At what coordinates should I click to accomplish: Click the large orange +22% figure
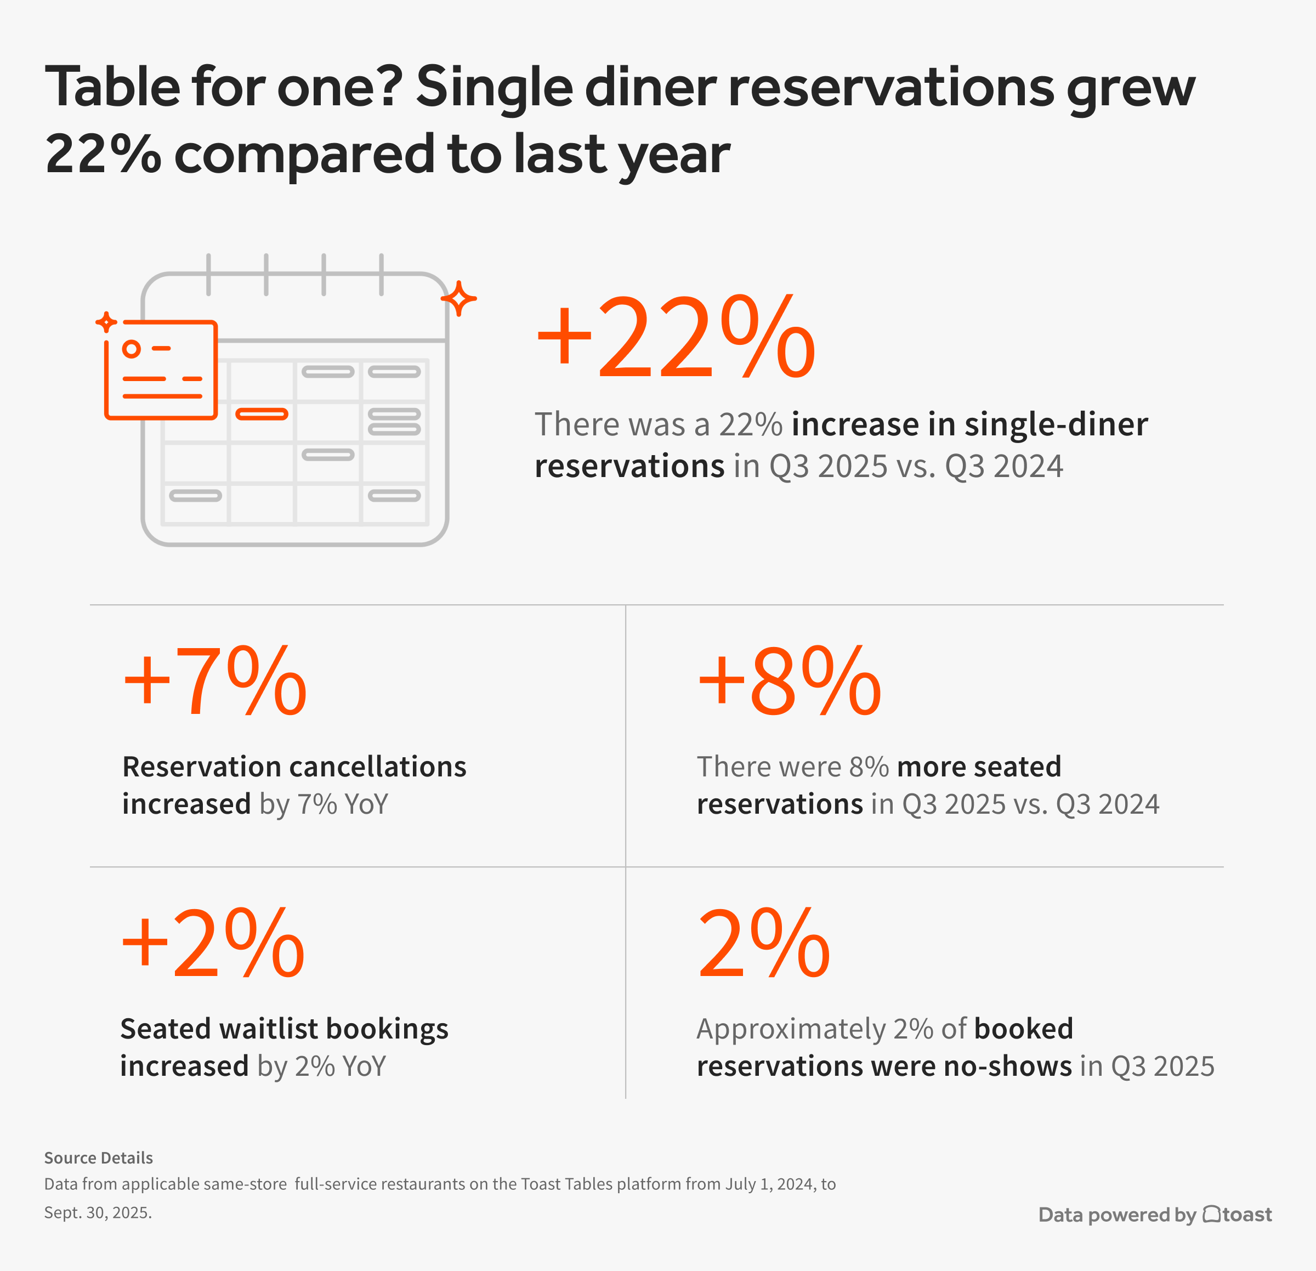coord(676,337)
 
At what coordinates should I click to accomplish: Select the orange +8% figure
coord(789,682)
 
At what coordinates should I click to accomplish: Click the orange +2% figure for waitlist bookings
coord(213,943)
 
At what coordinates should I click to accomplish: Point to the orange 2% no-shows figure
coord(763,943)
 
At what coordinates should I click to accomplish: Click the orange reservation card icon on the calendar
coord(161,370)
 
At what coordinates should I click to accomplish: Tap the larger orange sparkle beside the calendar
coord(460,298)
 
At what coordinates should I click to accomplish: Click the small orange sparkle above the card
coord(106,322)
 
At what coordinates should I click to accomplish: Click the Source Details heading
coord(98,1157)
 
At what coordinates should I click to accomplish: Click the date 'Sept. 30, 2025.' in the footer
coord(98,1212)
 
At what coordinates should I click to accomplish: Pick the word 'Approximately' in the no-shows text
coord(791,1029)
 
